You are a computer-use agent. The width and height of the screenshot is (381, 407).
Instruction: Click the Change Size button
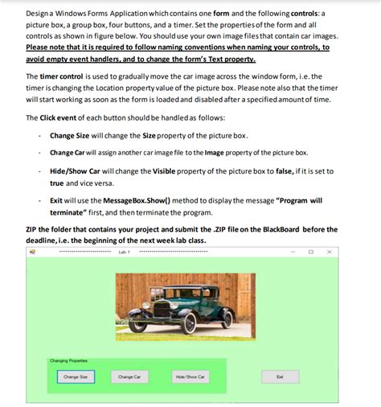coord(76,376)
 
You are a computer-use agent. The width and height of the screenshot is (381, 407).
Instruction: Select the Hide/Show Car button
coord(190,376)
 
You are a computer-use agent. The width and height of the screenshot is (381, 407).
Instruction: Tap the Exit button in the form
coord(279,376)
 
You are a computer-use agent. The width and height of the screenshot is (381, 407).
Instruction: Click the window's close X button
coord(330,252)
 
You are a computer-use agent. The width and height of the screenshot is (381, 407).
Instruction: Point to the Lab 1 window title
coord(123,252)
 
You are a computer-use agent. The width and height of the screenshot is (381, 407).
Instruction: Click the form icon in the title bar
coord(33,252)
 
